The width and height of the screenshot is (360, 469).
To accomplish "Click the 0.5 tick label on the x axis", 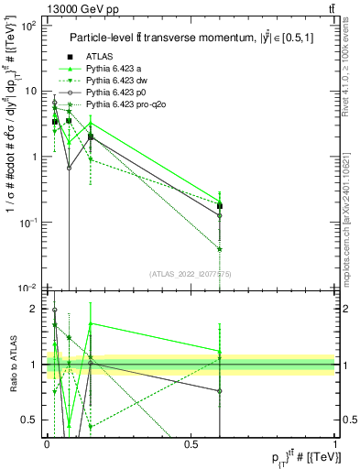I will [191, 443].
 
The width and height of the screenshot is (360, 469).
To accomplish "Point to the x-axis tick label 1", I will [336, 443].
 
